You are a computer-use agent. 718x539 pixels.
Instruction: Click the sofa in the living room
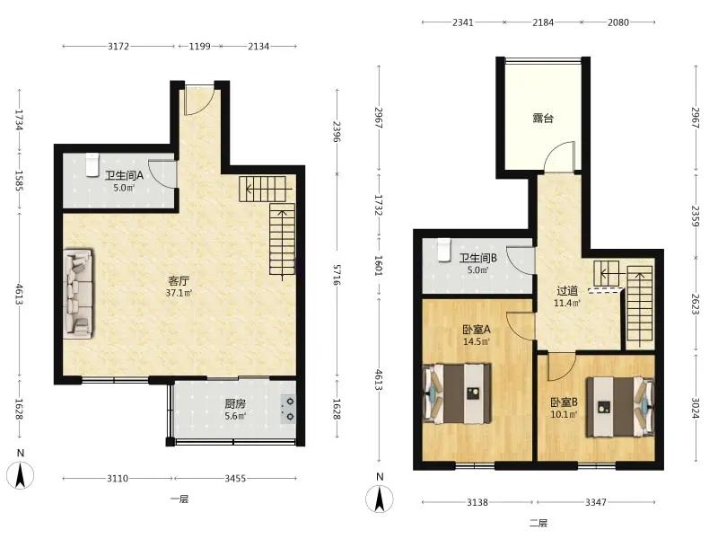(x=78, y=294)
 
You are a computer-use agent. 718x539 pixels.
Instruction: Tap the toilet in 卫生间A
(x=92, y=165)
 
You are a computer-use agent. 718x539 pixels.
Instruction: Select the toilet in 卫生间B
(x=443, y=251)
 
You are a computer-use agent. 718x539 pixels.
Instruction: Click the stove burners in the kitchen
(x=288, y=409)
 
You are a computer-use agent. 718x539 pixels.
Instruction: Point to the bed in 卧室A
(x=458, y=393)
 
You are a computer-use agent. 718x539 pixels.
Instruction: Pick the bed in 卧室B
(x=620, y=406)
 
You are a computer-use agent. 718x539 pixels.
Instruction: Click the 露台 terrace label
(x=543, y=119)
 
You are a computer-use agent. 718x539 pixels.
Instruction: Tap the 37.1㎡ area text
(x=179, y=293)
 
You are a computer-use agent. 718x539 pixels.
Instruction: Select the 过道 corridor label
(x=567, y=290)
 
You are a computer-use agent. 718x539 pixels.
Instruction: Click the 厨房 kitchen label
(x=235, y=403)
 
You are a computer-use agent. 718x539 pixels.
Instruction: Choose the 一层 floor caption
(x=179, y=499)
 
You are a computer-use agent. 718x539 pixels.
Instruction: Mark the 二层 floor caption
(x=538, y=523)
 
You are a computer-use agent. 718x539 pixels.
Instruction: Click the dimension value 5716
(x=337, y=275)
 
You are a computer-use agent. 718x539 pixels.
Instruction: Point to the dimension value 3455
(x=235, y=479)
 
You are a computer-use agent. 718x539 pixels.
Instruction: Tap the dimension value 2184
(x=543, y=22)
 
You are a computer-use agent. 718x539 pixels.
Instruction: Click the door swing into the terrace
(x=558, y=156)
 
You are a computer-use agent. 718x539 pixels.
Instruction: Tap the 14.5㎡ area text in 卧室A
(x=477, y=341)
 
